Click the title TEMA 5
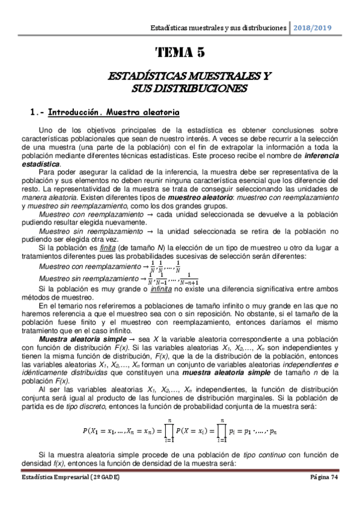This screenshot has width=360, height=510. click(x=180, y=53)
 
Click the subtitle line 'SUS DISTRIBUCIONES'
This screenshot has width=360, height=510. click(x=180, y=88)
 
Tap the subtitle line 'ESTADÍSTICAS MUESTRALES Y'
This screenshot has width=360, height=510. click(x=180, y=78)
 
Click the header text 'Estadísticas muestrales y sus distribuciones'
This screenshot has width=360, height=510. click(x=218, y=28)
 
